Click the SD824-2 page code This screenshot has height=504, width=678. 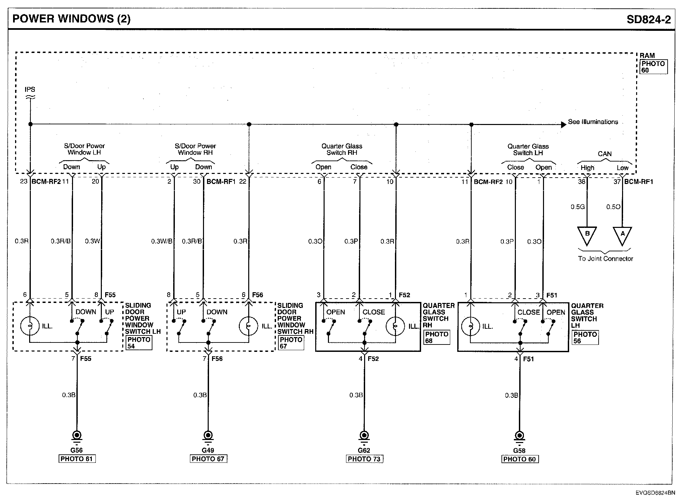tap(649, 19)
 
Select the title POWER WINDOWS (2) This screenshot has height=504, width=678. tap(71, 19)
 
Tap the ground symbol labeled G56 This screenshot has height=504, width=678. tap(77, 436)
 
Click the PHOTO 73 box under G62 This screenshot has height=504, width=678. tap(364, 459)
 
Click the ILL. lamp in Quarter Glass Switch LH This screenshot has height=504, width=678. tap(471, 326)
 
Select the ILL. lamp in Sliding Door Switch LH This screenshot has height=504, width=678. tap(30, 326)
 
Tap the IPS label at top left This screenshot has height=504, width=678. tap(30, 89)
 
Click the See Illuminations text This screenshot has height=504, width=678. tap(593, 122)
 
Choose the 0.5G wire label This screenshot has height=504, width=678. tap(578, 207)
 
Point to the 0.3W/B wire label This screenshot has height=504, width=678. tap(161, 241)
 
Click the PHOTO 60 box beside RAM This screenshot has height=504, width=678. tap(653, 67)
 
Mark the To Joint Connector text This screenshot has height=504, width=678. tap(605, 259)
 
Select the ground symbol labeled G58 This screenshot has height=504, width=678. tap(519, 436)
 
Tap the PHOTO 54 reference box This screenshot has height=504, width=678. tap(139, 342)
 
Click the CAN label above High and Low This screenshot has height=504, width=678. tap(604, 154)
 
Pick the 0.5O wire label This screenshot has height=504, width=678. tap(613, 207)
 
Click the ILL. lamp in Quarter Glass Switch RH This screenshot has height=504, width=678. tap(395, 326)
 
